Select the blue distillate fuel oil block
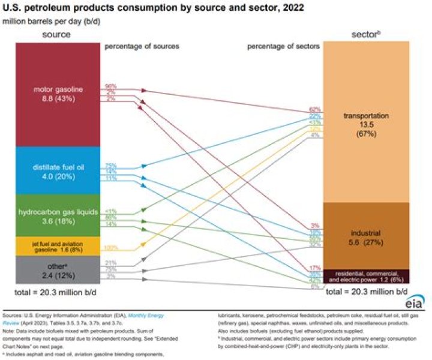click(x=57, y=170)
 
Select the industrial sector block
click(x=367, y=235)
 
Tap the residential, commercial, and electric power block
click(x=367, y=277)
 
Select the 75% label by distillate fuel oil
click(x=111, y=165)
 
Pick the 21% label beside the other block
click(x=111, y=263)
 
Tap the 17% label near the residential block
click(x=315, y=267)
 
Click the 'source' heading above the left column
click(x=56, y=35)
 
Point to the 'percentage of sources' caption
click(x=142, y=46)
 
